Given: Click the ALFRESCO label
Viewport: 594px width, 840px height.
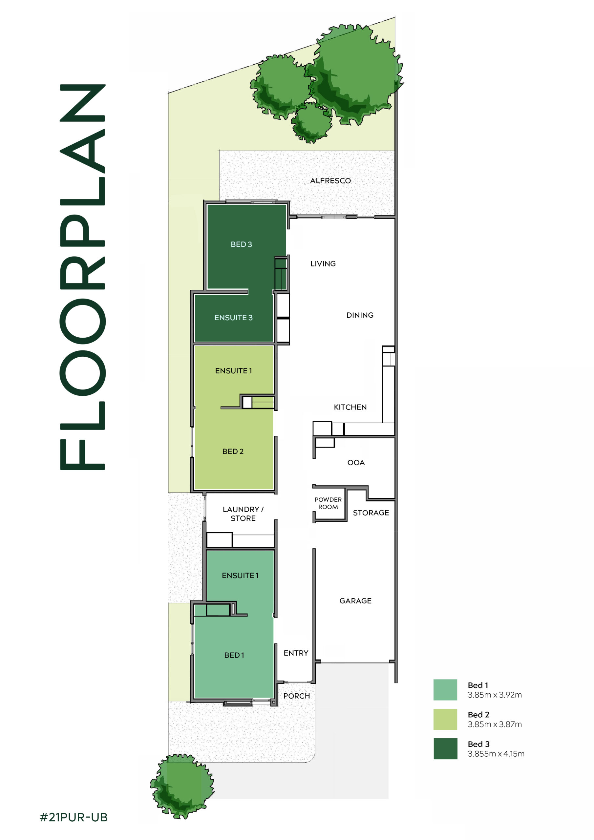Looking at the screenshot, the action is coord(330,181).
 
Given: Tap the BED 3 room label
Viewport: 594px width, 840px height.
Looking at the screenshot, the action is coord(241,244).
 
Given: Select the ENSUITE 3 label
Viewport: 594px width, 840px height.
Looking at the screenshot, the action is coord(234,318).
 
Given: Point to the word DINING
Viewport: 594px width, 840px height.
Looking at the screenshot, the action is coord(360,315).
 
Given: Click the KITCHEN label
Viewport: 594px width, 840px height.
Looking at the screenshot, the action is coord(350,407).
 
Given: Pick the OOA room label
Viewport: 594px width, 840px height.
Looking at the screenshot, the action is coord(356,462).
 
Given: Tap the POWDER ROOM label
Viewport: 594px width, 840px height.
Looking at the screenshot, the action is coord(328,503).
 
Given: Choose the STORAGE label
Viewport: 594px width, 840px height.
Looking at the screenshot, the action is coord(371,513).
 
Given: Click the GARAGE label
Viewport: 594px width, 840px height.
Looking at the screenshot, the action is coord(355,601).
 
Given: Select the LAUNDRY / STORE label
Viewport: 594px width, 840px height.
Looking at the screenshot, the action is coord(243,514).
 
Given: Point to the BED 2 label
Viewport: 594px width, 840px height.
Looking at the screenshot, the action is coord(233,451).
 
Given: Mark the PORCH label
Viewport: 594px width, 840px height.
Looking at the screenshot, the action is coord(296,696).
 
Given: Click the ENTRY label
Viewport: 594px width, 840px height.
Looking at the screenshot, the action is coord(296,653).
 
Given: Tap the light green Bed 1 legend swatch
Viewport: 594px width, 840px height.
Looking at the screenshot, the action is coord(445,690).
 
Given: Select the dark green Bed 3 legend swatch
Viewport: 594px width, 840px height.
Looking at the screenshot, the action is coord(445,748).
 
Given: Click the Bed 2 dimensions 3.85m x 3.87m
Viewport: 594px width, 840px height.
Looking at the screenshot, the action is coord(495,724).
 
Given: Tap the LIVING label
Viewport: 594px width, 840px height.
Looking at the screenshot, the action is coord(323,264).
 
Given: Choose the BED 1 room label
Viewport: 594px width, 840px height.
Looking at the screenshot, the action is coord(234,655).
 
